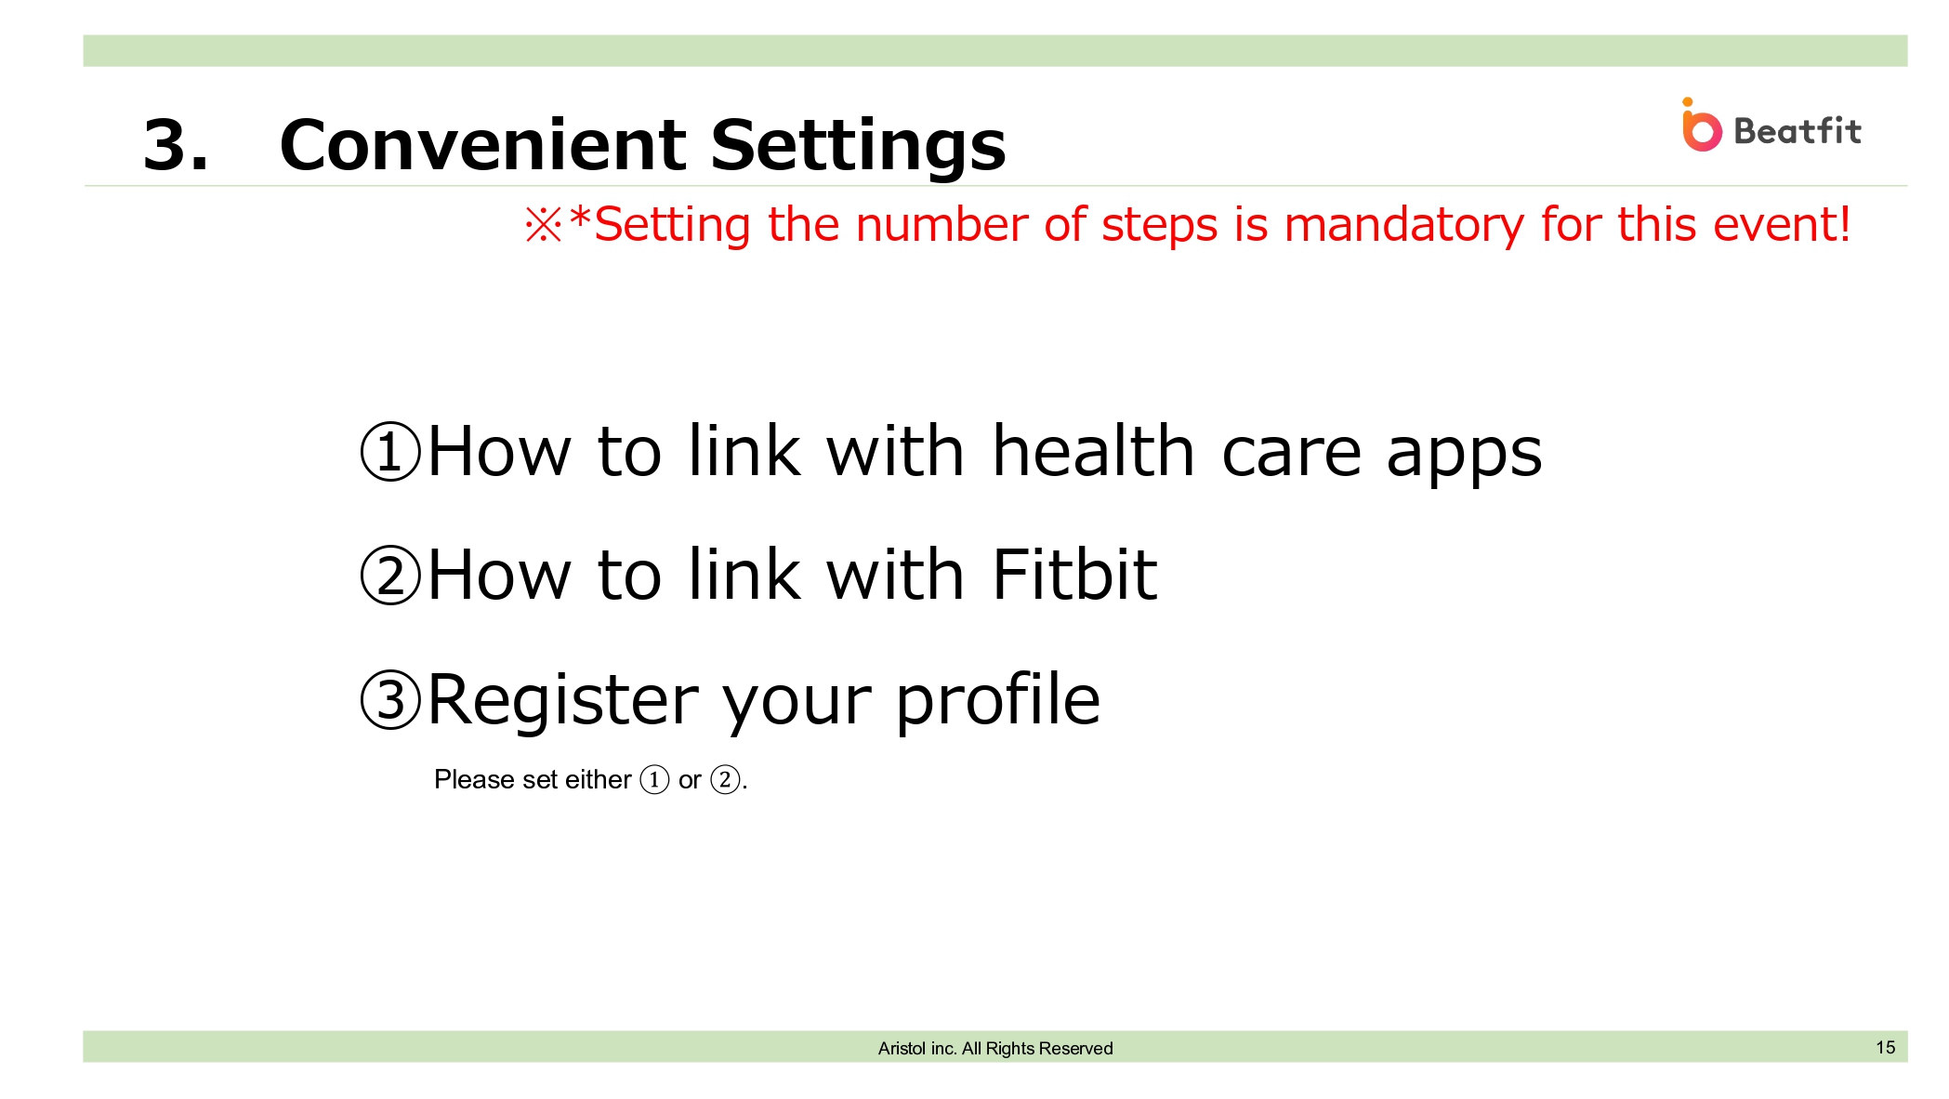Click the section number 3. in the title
(176, 145)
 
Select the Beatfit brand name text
(1798, 131)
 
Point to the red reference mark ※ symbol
(544, 225)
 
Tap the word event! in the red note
(1782, 225)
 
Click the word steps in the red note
(1159, 229)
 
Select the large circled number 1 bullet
(390, 451)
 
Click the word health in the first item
(1093, 451)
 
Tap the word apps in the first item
(1464, 457)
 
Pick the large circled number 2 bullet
(390, 575)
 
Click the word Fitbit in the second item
(1074, 575)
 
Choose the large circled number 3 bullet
(390, 699)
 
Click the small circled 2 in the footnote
(725, 779)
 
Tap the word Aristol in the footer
(902, 1048)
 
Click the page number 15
(1885, 1047)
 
